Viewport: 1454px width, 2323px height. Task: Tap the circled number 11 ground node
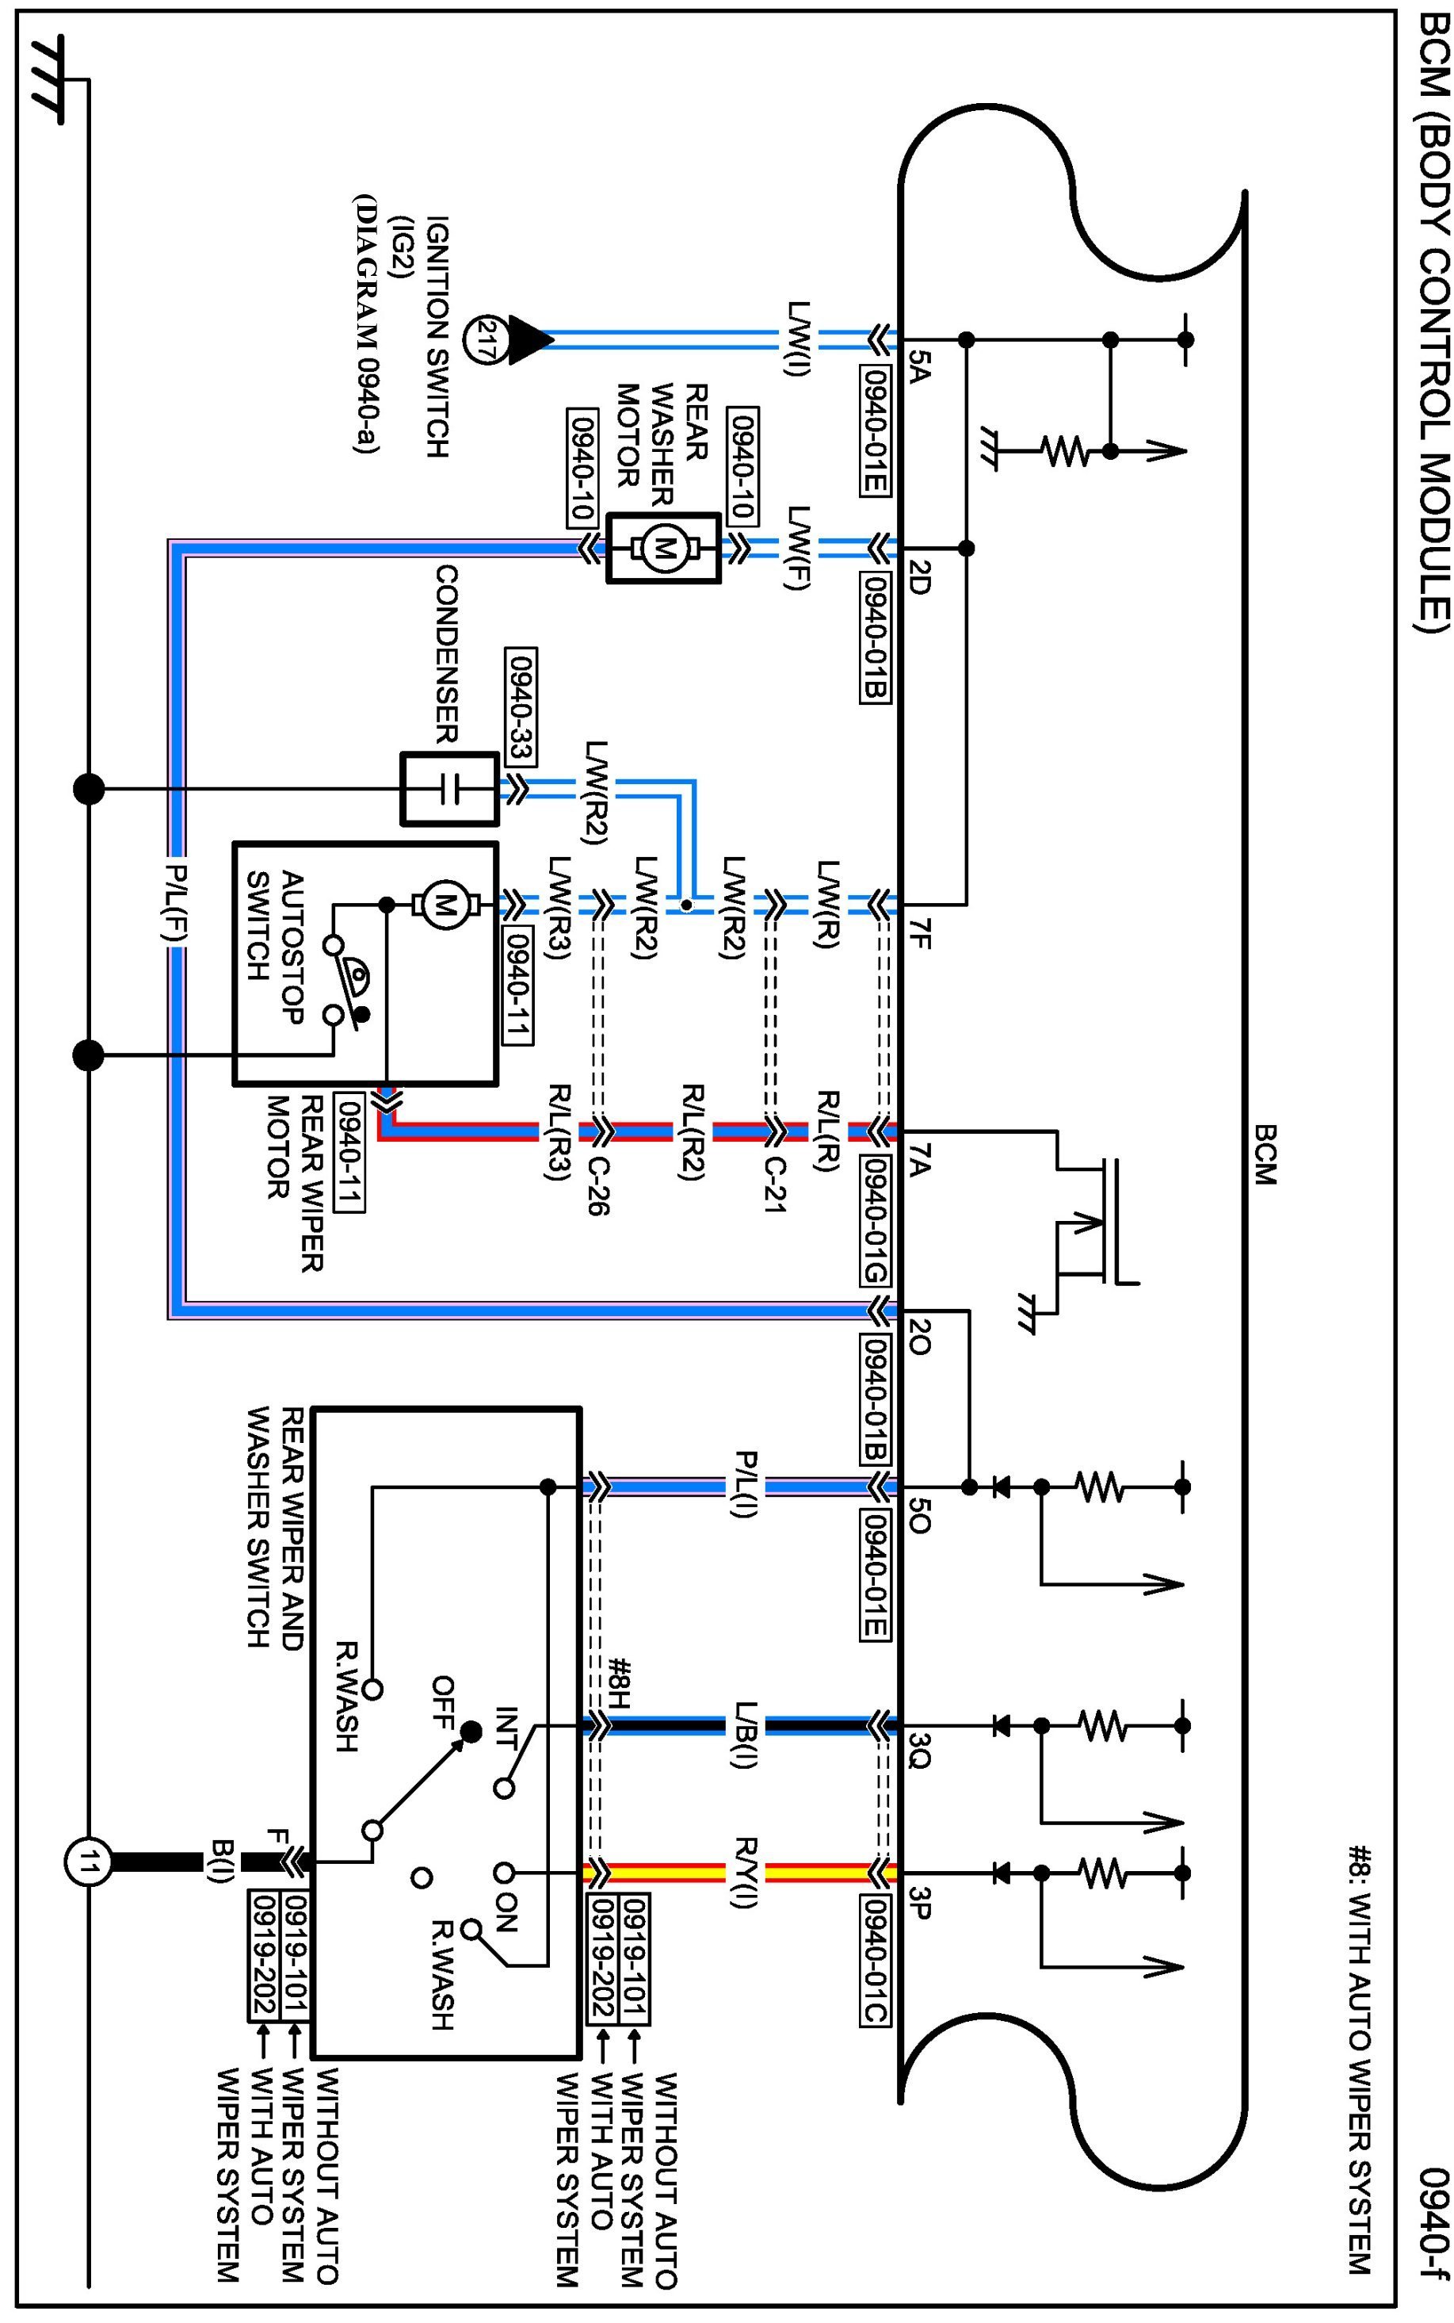tap(89, 1864)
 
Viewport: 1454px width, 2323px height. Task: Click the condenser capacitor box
tap(449, 789)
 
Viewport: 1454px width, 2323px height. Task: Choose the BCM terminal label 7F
tap(919, 933)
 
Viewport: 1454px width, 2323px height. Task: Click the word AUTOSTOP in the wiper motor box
tap(292, 947)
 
